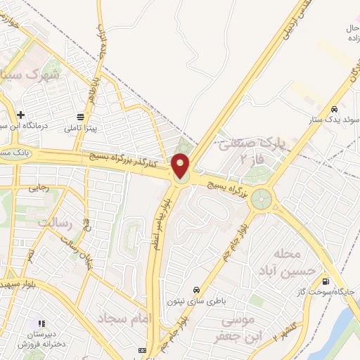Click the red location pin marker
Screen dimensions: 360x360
[x=181, y=166]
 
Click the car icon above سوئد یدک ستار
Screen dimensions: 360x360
[x=336, y=110]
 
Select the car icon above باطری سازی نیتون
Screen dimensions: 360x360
[x=196, y=290]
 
